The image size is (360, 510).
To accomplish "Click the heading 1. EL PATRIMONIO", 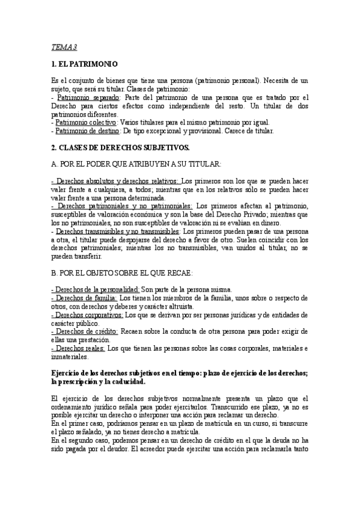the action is (85, 63).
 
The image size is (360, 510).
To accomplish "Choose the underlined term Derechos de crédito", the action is (86, 331).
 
